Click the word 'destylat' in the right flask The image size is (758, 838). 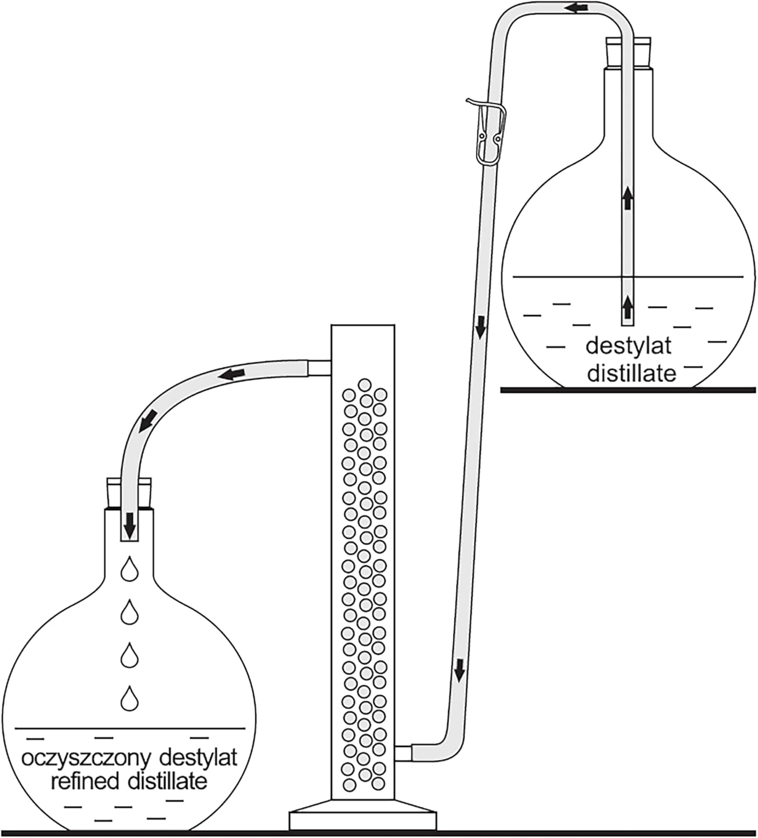628,346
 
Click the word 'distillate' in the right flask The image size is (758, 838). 632,373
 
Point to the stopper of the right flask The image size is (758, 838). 629,53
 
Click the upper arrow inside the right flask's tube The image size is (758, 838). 628,198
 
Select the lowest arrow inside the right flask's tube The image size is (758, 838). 628,306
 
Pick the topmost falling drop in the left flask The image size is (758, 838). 130,569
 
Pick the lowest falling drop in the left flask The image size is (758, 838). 130,698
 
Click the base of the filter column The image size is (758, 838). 363,817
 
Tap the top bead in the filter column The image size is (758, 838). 364,384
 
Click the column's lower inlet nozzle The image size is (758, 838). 403,753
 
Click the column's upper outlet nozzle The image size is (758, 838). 319,368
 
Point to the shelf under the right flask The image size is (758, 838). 628,390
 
